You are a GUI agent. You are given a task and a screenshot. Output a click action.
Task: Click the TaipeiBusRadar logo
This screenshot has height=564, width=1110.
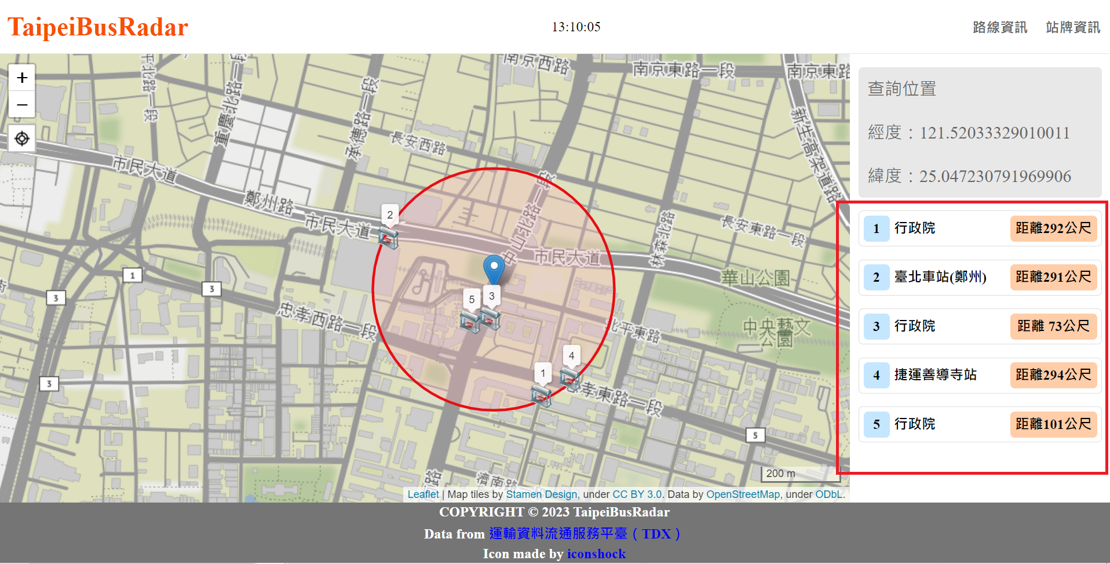pos(97,27)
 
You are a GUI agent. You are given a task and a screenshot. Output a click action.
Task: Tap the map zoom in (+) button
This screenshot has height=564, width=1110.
pos(22,78)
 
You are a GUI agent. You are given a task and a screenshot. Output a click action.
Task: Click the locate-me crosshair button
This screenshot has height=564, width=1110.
pos(22,139)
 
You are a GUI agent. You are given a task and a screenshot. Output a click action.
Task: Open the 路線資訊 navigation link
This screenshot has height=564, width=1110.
pos(1000,27)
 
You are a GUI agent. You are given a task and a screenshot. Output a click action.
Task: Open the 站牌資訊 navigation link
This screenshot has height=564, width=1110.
pos(1073,27)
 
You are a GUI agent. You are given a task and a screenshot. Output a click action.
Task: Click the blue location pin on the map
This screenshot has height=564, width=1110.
pos(494,268)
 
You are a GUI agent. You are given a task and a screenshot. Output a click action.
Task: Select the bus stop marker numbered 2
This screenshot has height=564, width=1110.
pos(388,236)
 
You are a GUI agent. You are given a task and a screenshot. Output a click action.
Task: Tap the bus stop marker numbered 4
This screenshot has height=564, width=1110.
pos(570,377)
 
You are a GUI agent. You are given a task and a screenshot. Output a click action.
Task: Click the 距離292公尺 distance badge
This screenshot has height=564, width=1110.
pos(1053,228)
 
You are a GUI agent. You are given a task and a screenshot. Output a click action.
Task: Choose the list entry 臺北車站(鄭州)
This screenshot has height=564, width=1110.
pos(940,277)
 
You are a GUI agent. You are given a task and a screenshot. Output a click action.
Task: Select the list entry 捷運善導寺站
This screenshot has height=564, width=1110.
pos(936,375)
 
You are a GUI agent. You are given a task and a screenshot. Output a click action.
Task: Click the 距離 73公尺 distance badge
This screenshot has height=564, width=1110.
pos(1053,326)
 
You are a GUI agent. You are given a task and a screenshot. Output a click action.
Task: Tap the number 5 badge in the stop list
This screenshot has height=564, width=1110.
pos(877,424)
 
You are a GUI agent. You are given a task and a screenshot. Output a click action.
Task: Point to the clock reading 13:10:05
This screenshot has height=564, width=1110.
pos(576,27)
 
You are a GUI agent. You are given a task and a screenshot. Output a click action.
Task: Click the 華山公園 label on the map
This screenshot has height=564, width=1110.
pos(755,278)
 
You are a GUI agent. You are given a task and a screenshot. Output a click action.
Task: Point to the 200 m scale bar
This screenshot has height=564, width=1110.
pos(799,474)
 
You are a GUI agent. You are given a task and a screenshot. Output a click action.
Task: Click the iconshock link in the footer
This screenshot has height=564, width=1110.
pos(596,554)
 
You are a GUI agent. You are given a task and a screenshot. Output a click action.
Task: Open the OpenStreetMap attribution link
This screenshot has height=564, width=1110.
pos(743,494)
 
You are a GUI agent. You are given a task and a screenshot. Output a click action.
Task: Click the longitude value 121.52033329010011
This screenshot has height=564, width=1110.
pos(995,133)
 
